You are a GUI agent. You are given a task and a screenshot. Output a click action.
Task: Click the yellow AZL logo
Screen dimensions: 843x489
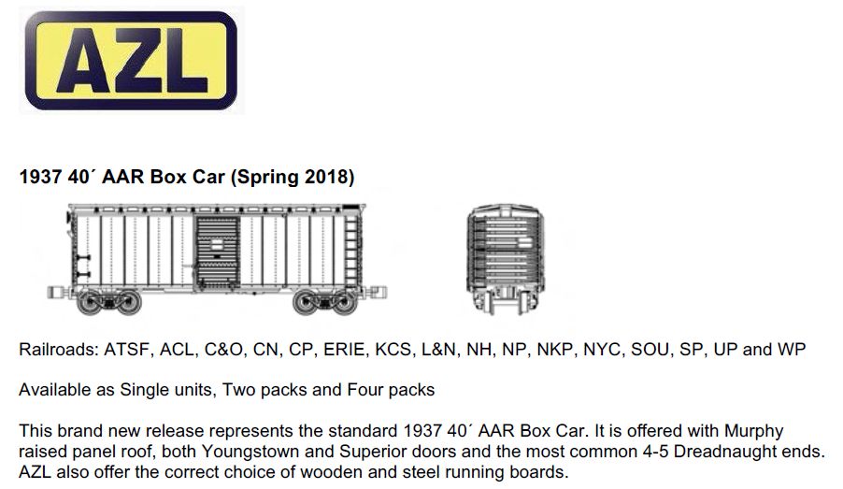pos(131,60)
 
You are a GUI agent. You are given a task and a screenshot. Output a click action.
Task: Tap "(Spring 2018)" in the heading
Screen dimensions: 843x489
pos(293,177)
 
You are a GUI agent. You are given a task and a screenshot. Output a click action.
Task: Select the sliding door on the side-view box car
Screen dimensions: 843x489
pos(217,251)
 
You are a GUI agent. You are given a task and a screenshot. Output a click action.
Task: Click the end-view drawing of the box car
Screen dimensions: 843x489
pos(505,259)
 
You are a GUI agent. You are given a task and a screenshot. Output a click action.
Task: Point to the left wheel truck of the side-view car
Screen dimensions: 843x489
pos(109,302)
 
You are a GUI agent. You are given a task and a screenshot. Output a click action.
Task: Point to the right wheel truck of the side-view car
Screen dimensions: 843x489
pos(325,302)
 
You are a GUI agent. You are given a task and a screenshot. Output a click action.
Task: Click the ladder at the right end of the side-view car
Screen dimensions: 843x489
pos(351,249)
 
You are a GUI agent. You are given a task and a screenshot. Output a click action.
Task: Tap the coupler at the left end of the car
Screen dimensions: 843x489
pos(58,292)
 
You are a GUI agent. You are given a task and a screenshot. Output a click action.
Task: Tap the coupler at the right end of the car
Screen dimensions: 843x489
pos(376,292)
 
